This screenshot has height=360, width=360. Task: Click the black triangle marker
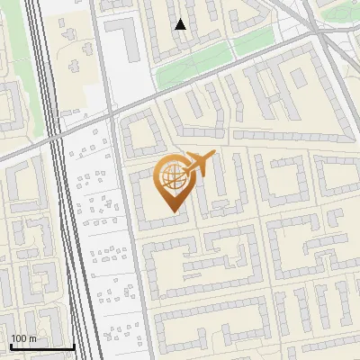click(x=181, y=24)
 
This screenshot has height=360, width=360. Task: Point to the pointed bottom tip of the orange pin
click(x=172, y=211)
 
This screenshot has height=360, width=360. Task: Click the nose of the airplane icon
click(x=213, y=154)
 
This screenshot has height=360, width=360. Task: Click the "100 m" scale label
click(x=23, y=337)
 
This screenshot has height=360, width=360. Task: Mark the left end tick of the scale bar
click(x=12, y=346)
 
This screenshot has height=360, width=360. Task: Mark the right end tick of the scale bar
click(x=74, y=346)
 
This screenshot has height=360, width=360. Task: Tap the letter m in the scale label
click(x=32, y=337)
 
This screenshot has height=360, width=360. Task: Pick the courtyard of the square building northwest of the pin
click(x=141, y=136)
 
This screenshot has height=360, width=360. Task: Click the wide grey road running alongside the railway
click(x=126, y=234)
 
